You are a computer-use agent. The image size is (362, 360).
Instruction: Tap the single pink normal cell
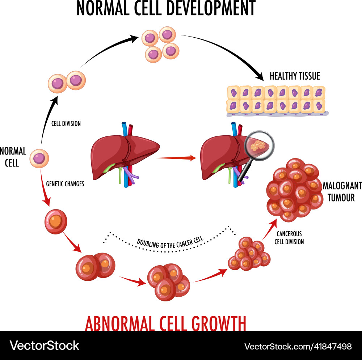(39, 158)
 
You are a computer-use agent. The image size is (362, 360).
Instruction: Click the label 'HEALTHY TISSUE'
(295, 76)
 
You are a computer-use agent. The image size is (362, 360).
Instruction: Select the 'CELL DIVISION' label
(66, 124)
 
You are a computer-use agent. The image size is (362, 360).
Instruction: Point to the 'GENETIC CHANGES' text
(65, 184)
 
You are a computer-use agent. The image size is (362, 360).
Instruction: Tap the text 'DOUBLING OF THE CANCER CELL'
(170, 242)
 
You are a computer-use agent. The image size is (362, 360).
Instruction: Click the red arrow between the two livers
(175, 158)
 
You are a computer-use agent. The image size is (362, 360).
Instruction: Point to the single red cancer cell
(56, 221)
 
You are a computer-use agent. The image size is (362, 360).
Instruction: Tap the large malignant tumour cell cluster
(294, 190)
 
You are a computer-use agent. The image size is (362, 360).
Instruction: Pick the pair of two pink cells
(67, 82)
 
